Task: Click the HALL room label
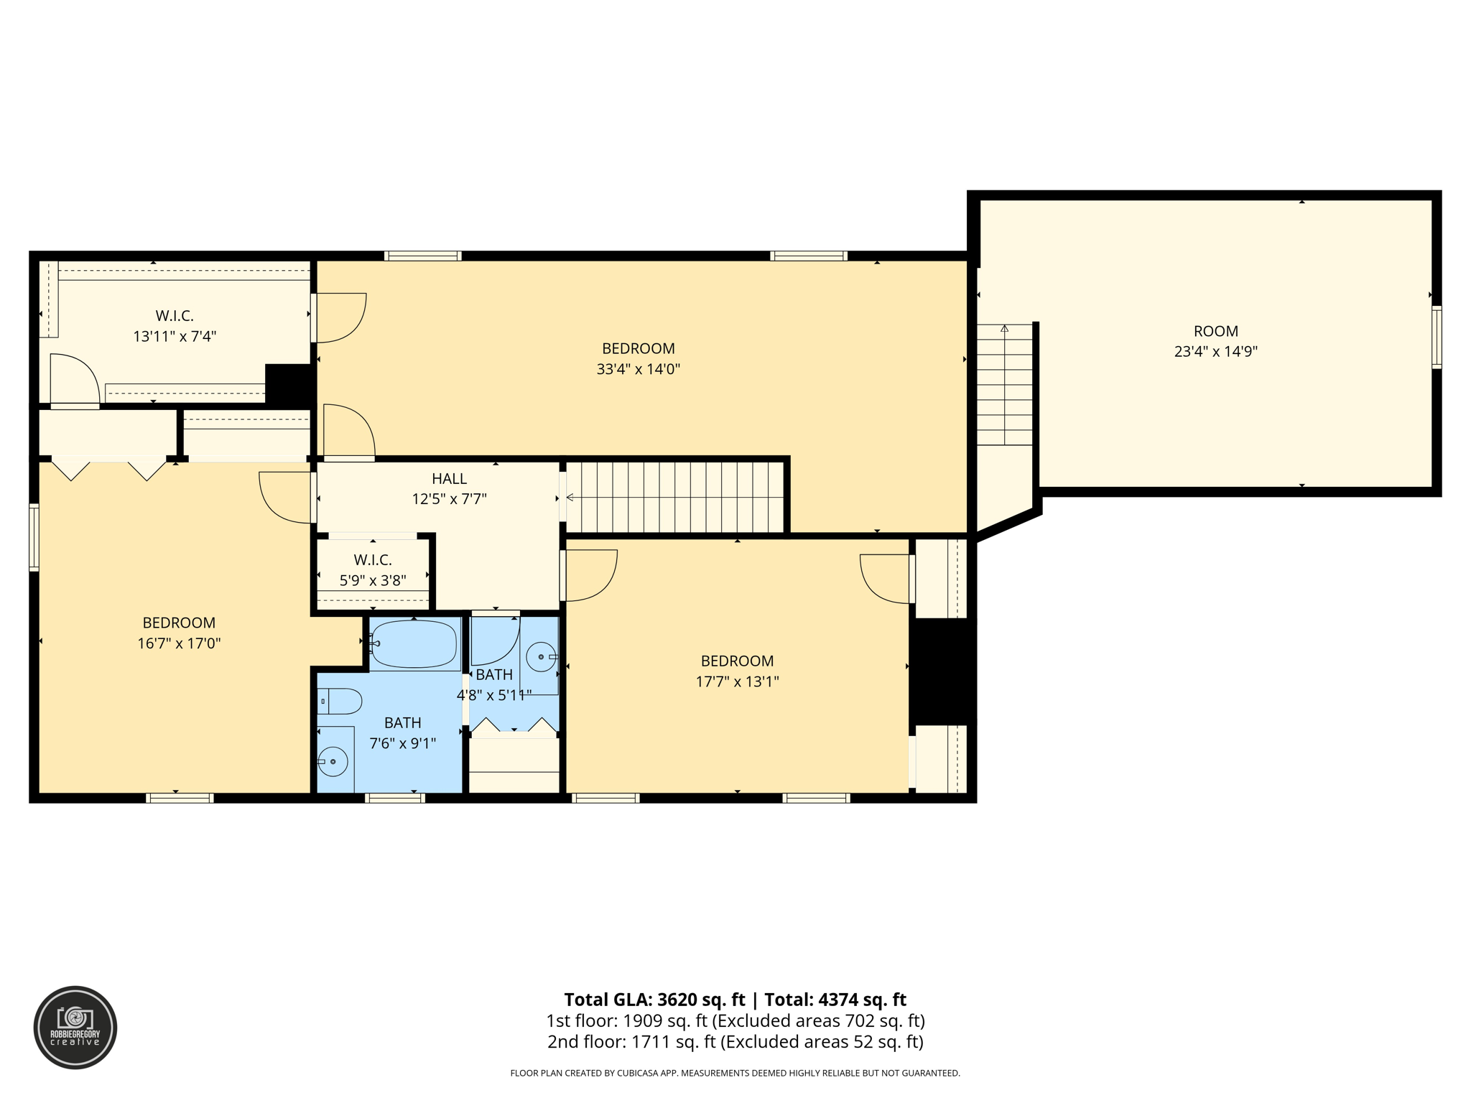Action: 449,478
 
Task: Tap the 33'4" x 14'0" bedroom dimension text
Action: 638,369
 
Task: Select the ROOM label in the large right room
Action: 1215,331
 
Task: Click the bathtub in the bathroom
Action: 414,643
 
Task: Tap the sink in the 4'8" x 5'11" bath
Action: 541,657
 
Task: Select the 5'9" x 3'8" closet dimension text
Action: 373,580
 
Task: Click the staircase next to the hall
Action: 675,497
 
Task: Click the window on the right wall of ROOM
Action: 1437,338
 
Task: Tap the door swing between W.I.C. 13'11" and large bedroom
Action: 340,317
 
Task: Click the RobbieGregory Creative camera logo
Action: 75,1027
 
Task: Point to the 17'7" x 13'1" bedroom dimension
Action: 737,681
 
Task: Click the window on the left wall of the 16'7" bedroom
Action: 34,538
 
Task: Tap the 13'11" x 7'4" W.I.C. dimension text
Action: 175,336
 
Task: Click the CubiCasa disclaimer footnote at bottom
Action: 735,1073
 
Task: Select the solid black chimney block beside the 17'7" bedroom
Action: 942,671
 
